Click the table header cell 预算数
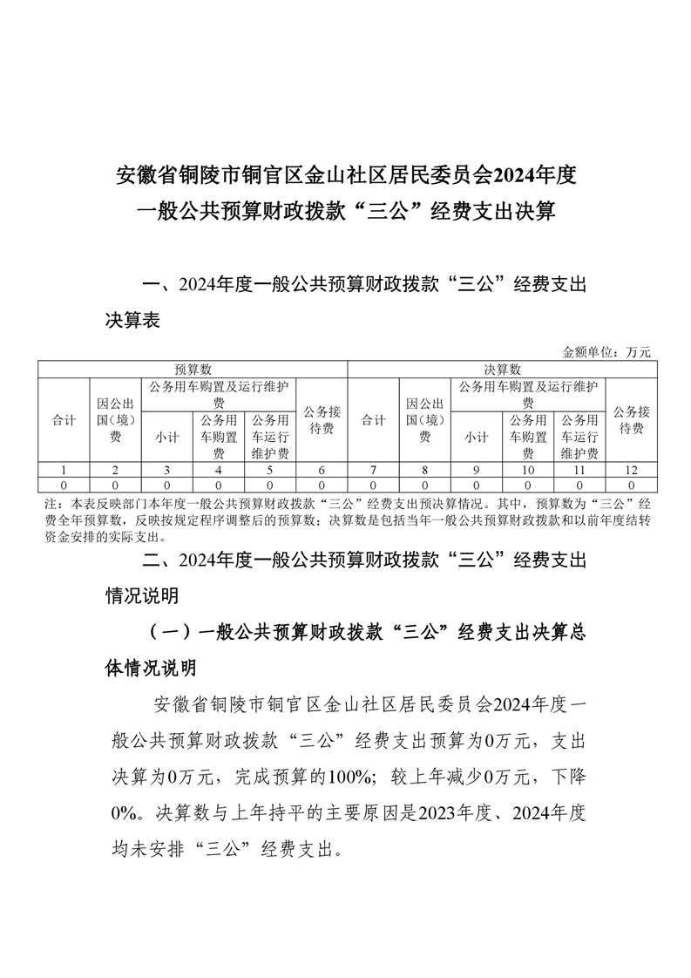[x=193, y=369]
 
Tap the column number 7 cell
[x=374, y=470]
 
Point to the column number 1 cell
[x=64, y=470]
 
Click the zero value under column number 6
[x=322, y=483]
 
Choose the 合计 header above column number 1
[x=64, y=420]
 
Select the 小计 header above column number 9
[x=476, y=437]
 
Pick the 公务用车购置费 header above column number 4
[x=219, y=437]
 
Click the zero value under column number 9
[x=476, y=483]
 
